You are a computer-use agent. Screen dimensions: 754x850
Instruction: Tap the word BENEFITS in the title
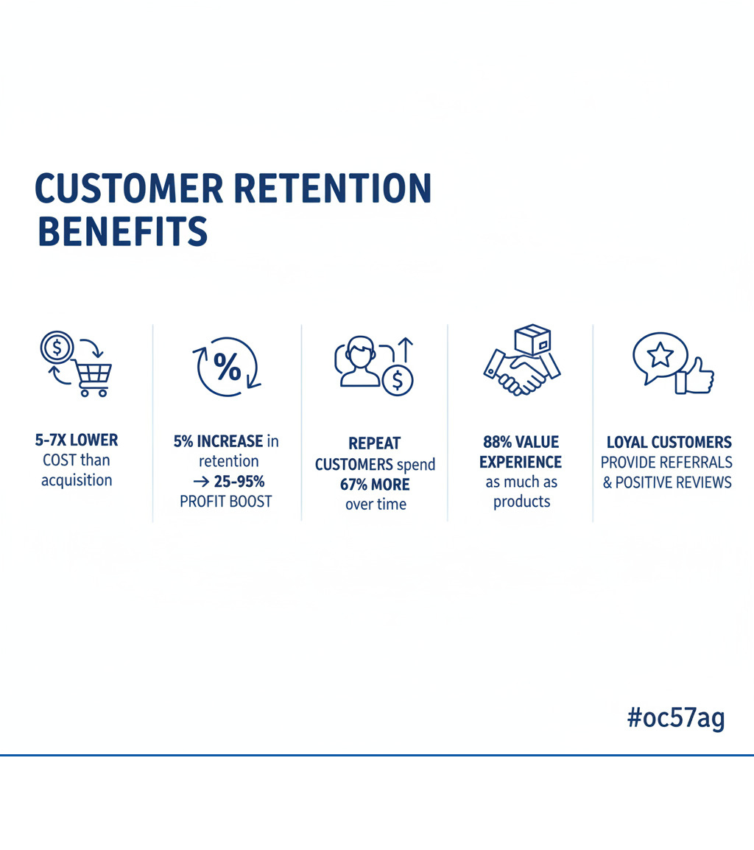(x=122, y=231)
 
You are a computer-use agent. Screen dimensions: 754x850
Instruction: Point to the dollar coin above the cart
(x=57, y=346)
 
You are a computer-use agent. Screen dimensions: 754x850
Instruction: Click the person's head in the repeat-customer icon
(x=360, y=352)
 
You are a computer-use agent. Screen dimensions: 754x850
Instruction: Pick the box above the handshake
(x=532, y=341)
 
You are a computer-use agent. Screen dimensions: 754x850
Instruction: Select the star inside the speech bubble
(x=660, y=355)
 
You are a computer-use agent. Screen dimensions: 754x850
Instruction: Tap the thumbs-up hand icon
(x=695, y=377)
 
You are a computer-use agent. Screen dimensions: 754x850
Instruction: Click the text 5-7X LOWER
(x=77, y=440)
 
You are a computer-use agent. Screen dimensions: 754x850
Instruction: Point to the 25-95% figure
(x=237, y=481)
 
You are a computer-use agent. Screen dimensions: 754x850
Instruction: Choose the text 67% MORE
(x=375, y=485)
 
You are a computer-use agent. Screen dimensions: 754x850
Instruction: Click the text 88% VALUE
(x=521, y=442)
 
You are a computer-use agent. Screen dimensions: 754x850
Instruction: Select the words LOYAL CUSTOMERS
(x=669, y=443)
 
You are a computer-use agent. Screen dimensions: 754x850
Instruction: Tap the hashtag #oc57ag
(x=676, y=718)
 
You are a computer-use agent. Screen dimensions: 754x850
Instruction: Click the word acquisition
(x=77, y=480)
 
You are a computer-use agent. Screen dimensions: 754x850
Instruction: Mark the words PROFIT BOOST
(x=226, y=502)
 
